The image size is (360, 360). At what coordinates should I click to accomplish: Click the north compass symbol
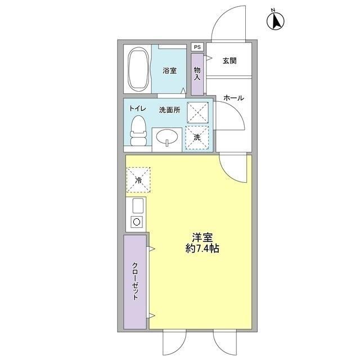276,21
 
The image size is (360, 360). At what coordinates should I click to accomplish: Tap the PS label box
197,47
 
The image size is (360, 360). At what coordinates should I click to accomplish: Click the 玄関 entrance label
228,60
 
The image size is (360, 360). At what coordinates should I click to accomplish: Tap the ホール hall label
233,98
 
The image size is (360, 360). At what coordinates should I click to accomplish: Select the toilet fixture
138,132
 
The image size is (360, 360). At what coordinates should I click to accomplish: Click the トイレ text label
138,109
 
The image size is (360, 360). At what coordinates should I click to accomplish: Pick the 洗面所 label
169,110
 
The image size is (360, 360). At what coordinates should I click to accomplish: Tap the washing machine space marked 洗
197,138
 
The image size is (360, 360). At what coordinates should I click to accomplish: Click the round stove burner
136,222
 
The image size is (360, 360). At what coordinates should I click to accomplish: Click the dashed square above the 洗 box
197,112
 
